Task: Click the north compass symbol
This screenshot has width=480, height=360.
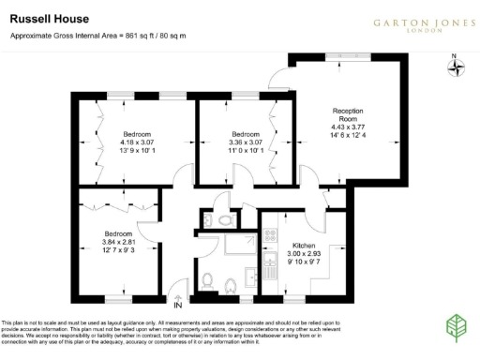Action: [453, 70]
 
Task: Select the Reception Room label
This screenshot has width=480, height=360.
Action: [347, 115]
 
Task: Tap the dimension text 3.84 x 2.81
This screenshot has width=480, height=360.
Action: [118, 242]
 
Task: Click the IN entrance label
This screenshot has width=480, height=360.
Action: [176, 303]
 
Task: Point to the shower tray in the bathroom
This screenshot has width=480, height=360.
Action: [227, 247]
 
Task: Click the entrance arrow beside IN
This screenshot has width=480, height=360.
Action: [176, 291]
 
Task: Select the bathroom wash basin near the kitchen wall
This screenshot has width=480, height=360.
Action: [251, 277]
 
